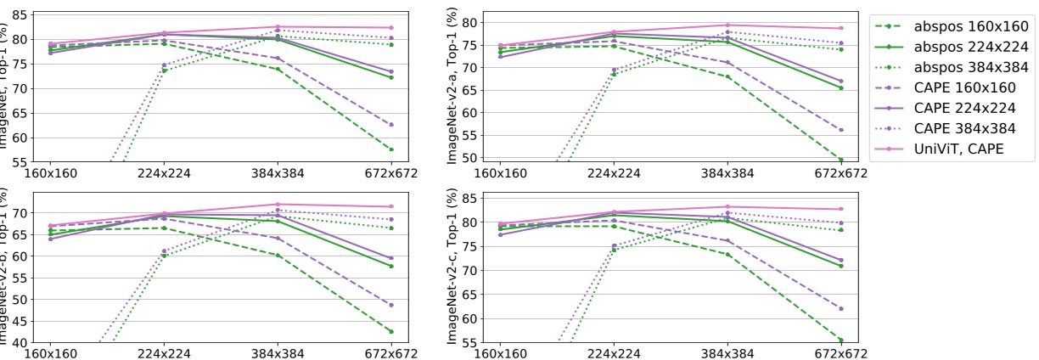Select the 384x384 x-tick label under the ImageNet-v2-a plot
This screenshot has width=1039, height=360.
click(x=727, y=172)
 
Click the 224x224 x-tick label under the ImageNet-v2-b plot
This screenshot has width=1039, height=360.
click(x=164, y=352)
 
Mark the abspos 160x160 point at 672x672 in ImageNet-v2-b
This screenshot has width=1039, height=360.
click(x=391, y=331)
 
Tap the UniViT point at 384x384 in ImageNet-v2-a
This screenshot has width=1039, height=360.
click(x=727, y=25)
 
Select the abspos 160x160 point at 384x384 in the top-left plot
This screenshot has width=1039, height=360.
click(x=278, y=69)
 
